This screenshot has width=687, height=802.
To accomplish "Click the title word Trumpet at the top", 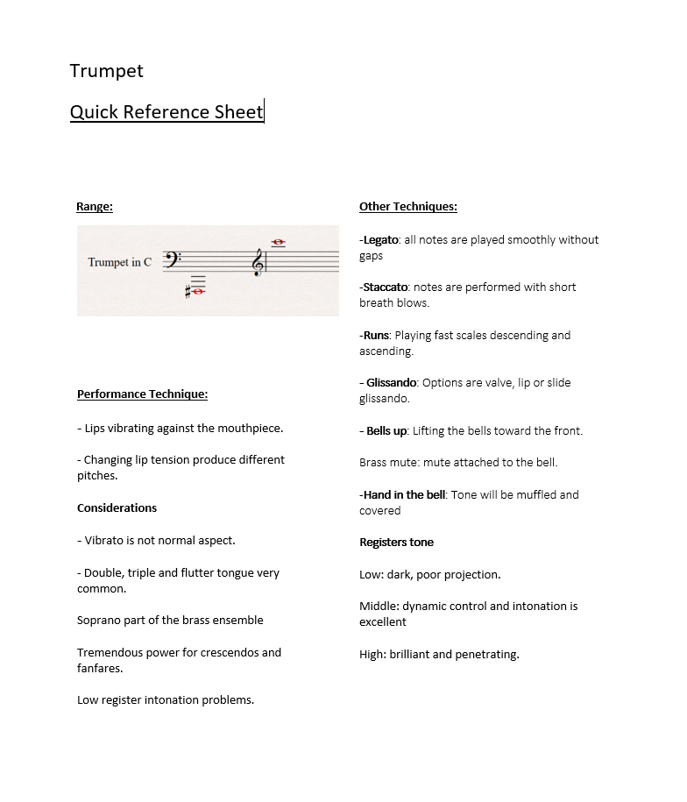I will pyautogui.click(x=106, y=71).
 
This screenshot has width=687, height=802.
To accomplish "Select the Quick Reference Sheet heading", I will pyautogui.click(x=166, y=112).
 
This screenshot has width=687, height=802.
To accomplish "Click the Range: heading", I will pyautogui.click(x=95, y=207).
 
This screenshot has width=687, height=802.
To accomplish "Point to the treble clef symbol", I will pyautogui.click(x=259, y=261).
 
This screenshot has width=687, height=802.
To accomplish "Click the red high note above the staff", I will pyautogui.click(x=279, y=242).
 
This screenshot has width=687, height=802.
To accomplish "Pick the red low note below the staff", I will pyautogui.click(x=198, y=292).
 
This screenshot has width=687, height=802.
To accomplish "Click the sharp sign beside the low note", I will pyautogui.click(x=188, y=292).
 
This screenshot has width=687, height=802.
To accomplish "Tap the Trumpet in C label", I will pyautogui.click(x=119, y=262).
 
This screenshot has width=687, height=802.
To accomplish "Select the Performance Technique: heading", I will pyautogui.click(x=142, y=394).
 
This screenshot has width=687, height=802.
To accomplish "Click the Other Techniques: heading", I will pyautogui.click(x=407, y=207).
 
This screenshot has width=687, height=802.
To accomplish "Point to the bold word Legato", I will pyautogui.click(x=381, y=240).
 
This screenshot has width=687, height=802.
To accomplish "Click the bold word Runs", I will pyautogui.click(x=377, y=336).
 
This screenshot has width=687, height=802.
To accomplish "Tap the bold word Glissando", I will pyautogui.click(x=391, y=383).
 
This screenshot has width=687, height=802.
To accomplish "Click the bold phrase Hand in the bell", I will pyautogui.click(x=405, y=495).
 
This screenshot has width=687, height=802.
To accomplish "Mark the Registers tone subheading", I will pyautogui.click(x=396, y=543).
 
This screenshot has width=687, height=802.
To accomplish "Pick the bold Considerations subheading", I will pyautogui.click(x=117, y=508).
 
